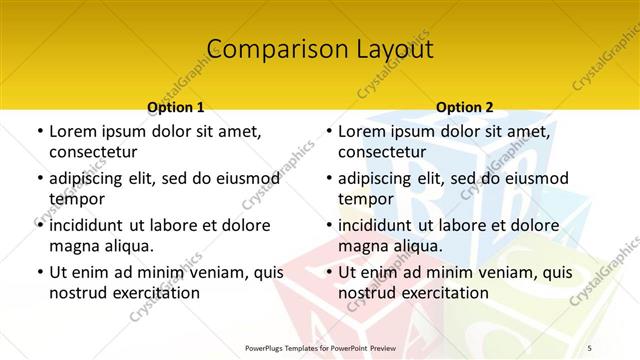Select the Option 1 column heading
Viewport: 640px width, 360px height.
(176, 107)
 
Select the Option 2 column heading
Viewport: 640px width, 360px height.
(465, 107)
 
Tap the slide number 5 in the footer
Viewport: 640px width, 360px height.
(591, 348)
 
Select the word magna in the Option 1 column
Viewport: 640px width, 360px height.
(72, 245)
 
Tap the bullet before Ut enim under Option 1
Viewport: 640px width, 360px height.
(39, 272)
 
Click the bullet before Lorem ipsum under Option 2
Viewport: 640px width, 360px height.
(328, 131)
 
